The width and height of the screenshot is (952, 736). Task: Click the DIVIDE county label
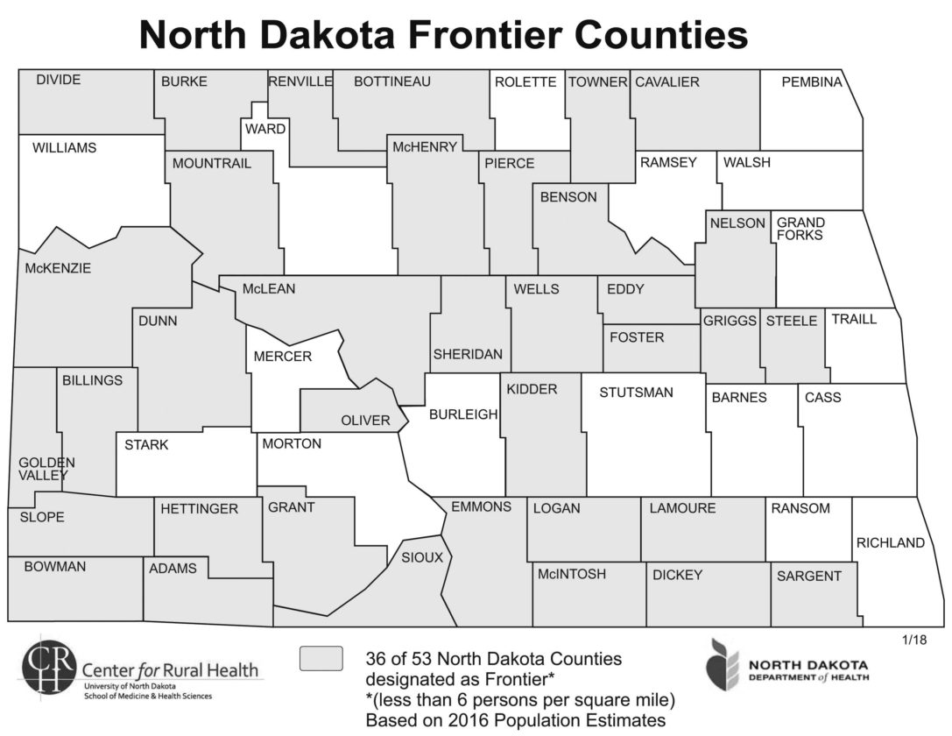click(59, 80)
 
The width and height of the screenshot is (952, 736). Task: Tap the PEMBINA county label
click(811, 82)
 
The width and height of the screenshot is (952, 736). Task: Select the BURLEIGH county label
click(463, 414)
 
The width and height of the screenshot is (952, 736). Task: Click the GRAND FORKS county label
click(800, 229)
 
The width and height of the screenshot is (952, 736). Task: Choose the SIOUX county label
click(422, 557)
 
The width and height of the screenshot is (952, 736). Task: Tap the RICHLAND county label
click(891, 542)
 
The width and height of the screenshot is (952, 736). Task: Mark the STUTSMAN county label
click(636, 393)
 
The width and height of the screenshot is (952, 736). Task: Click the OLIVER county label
click(365, 421)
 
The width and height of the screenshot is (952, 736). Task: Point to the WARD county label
click(265, 129)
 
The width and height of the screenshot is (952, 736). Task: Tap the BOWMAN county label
click(55, 567)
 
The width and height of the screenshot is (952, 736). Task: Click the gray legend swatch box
click(321, 658)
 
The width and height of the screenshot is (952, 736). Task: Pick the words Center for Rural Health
click(171, 670)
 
